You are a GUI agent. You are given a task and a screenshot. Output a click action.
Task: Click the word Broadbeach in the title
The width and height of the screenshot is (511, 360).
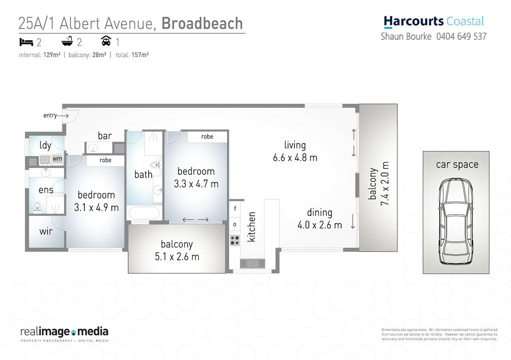(202, 23)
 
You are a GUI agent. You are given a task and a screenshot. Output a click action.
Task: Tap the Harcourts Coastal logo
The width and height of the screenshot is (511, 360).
(434, 21)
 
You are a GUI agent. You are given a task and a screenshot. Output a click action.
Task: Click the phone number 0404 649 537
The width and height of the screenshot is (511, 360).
(461, 36)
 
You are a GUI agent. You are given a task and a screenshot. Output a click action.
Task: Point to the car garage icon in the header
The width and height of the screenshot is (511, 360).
(105, 40)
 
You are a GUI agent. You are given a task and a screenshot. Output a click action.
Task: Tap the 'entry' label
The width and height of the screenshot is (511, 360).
(50, 116)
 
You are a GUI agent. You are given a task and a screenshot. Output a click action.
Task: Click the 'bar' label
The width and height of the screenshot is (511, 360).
(104, 136)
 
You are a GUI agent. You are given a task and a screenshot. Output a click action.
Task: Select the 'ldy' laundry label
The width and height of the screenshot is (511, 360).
(45, 146)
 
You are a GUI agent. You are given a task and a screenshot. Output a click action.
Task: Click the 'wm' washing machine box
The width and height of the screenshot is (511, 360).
(57, 159)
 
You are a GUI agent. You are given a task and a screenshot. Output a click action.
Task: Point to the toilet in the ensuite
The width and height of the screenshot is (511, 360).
(37, 206)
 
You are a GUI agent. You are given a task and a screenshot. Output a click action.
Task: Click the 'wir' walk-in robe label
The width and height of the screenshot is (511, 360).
(46, 231)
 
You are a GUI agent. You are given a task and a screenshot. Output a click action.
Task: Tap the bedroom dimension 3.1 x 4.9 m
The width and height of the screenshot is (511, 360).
(96, 207)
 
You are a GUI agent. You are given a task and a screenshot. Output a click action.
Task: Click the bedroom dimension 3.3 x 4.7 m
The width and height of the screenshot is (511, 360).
(196, 183)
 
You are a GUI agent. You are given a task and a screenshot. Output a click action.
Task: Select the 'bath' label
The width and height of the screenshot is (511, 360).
(143, 175)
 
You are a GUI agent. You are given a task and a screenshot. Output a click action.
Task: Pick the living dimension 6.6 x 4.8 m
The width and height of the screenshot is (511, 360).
(295, 158)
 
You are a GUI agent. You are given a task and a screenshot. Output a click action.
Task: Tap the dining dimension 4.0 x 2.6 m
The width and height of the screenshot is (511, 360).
(319, 225)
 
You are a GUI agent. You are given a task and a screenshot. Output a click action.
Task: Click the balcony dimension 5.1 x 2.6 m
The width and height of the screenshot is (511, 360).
(177, 257)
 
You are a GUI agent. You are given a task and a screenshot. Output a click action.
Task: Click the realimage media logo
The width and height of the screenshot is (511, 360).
(64, 332)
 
